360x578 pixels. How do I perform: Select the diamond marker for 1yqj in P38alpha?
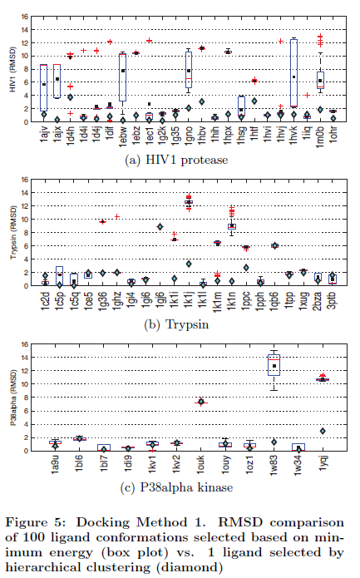pos(322,431)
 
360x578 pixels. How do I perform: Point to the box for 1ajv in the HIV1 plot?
pos(43,87)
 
